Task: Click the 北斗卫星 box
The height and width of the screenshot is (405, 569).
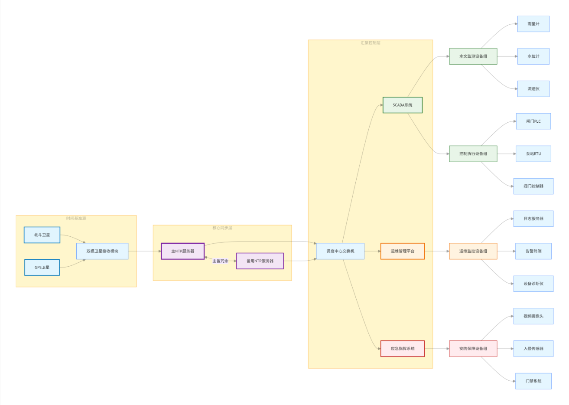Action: coord(42,235)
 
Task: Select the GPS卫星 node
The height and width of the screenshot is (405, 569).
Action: coord(42,268)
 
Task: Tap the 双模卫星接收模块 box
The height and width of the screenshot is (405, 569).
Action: coord(102,251)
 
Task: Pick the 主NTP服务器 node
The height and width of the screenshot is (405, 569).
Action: coord(182,251)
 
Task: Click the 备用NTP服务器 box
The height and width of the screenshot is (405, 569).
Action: coord(260,261)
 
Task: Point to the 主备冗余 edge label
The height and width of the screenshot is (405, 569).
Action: coord(220,261)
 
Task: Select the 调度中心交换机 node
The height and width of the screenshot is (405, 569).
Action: coord(340,251)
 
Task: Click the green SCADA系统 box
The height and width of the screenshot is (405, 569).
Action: coord(402,105)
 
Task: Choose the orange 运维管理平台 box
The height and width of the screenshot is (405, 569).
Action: coord(402,251)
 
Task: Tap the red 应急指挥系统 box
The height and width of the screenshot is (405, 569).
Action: coord(402,349)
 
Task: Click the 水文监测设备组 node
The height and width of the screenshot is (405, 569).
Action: coord(473,56)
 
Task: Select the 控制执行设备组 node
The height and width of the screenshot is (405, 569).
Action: coord(473,154)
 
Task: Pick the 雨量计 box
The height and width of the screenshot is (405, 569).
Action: coord(533,24)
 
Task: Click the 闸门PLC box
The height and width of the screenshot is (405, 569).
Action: coord(533,121)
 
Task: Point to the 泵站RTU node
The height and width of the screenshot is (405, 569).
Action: coord(533,154)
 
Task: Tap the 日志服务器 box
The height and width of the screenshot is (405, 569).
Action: coord(533,219)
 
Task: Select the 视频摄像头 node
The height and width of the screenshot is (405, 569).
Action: coord(533,317)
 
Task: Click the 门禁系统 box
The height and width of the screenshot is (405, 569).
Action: coord(533,381)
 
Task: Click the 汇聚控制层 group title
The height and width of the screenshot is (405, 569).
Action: coord(370,43)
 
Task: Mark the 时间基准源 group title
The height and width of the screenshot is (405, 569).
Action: coord(76,218)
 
